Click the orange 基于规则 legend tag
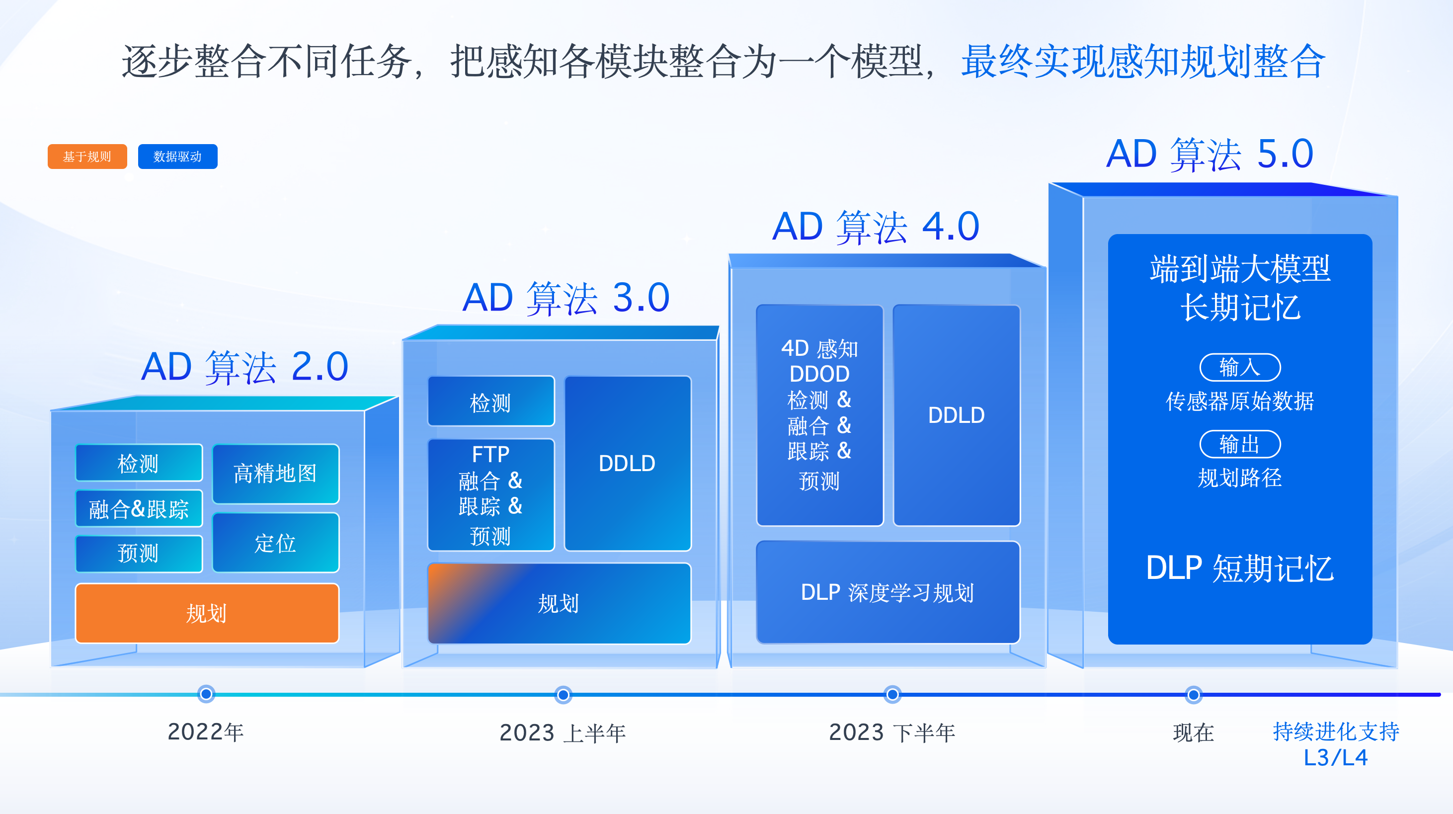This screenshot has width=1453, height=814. click(87, 156)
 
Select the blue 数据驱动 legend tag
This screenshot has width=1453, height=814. click(178, 156)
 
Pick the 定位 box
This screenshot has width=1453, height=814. click(276, 543)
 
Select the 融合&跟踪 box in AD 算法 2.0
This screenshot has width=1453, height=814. click(139, 509)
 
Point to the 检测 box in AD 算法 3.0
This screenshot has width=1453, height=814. click(491, 402)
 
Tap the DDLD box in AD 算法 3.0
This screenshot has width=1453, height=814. click(628, 463)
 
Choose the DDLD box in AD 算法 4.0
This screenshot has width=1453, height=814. click(957, 415)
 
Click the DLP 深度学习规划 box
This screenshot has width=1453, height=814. click(888, 592)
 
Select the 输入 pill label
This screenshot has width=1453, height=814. click(1240, 367)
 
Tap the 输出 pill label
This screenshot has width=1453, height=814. click(1240, 444)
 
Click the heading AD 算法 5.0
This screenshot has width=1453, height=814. click(1210, 154)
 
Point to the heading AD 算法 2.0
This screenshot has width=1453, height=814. click(245, 367)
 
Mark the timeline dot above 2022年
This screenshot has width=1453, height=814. click(206, 694)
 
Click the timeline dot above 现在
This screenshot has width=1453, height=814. click(1194, 694)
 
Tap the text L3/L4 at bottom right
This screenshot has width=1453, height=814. click(1336, 757)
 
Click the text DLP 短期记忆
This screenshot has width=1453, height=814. click(1240, 568)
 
